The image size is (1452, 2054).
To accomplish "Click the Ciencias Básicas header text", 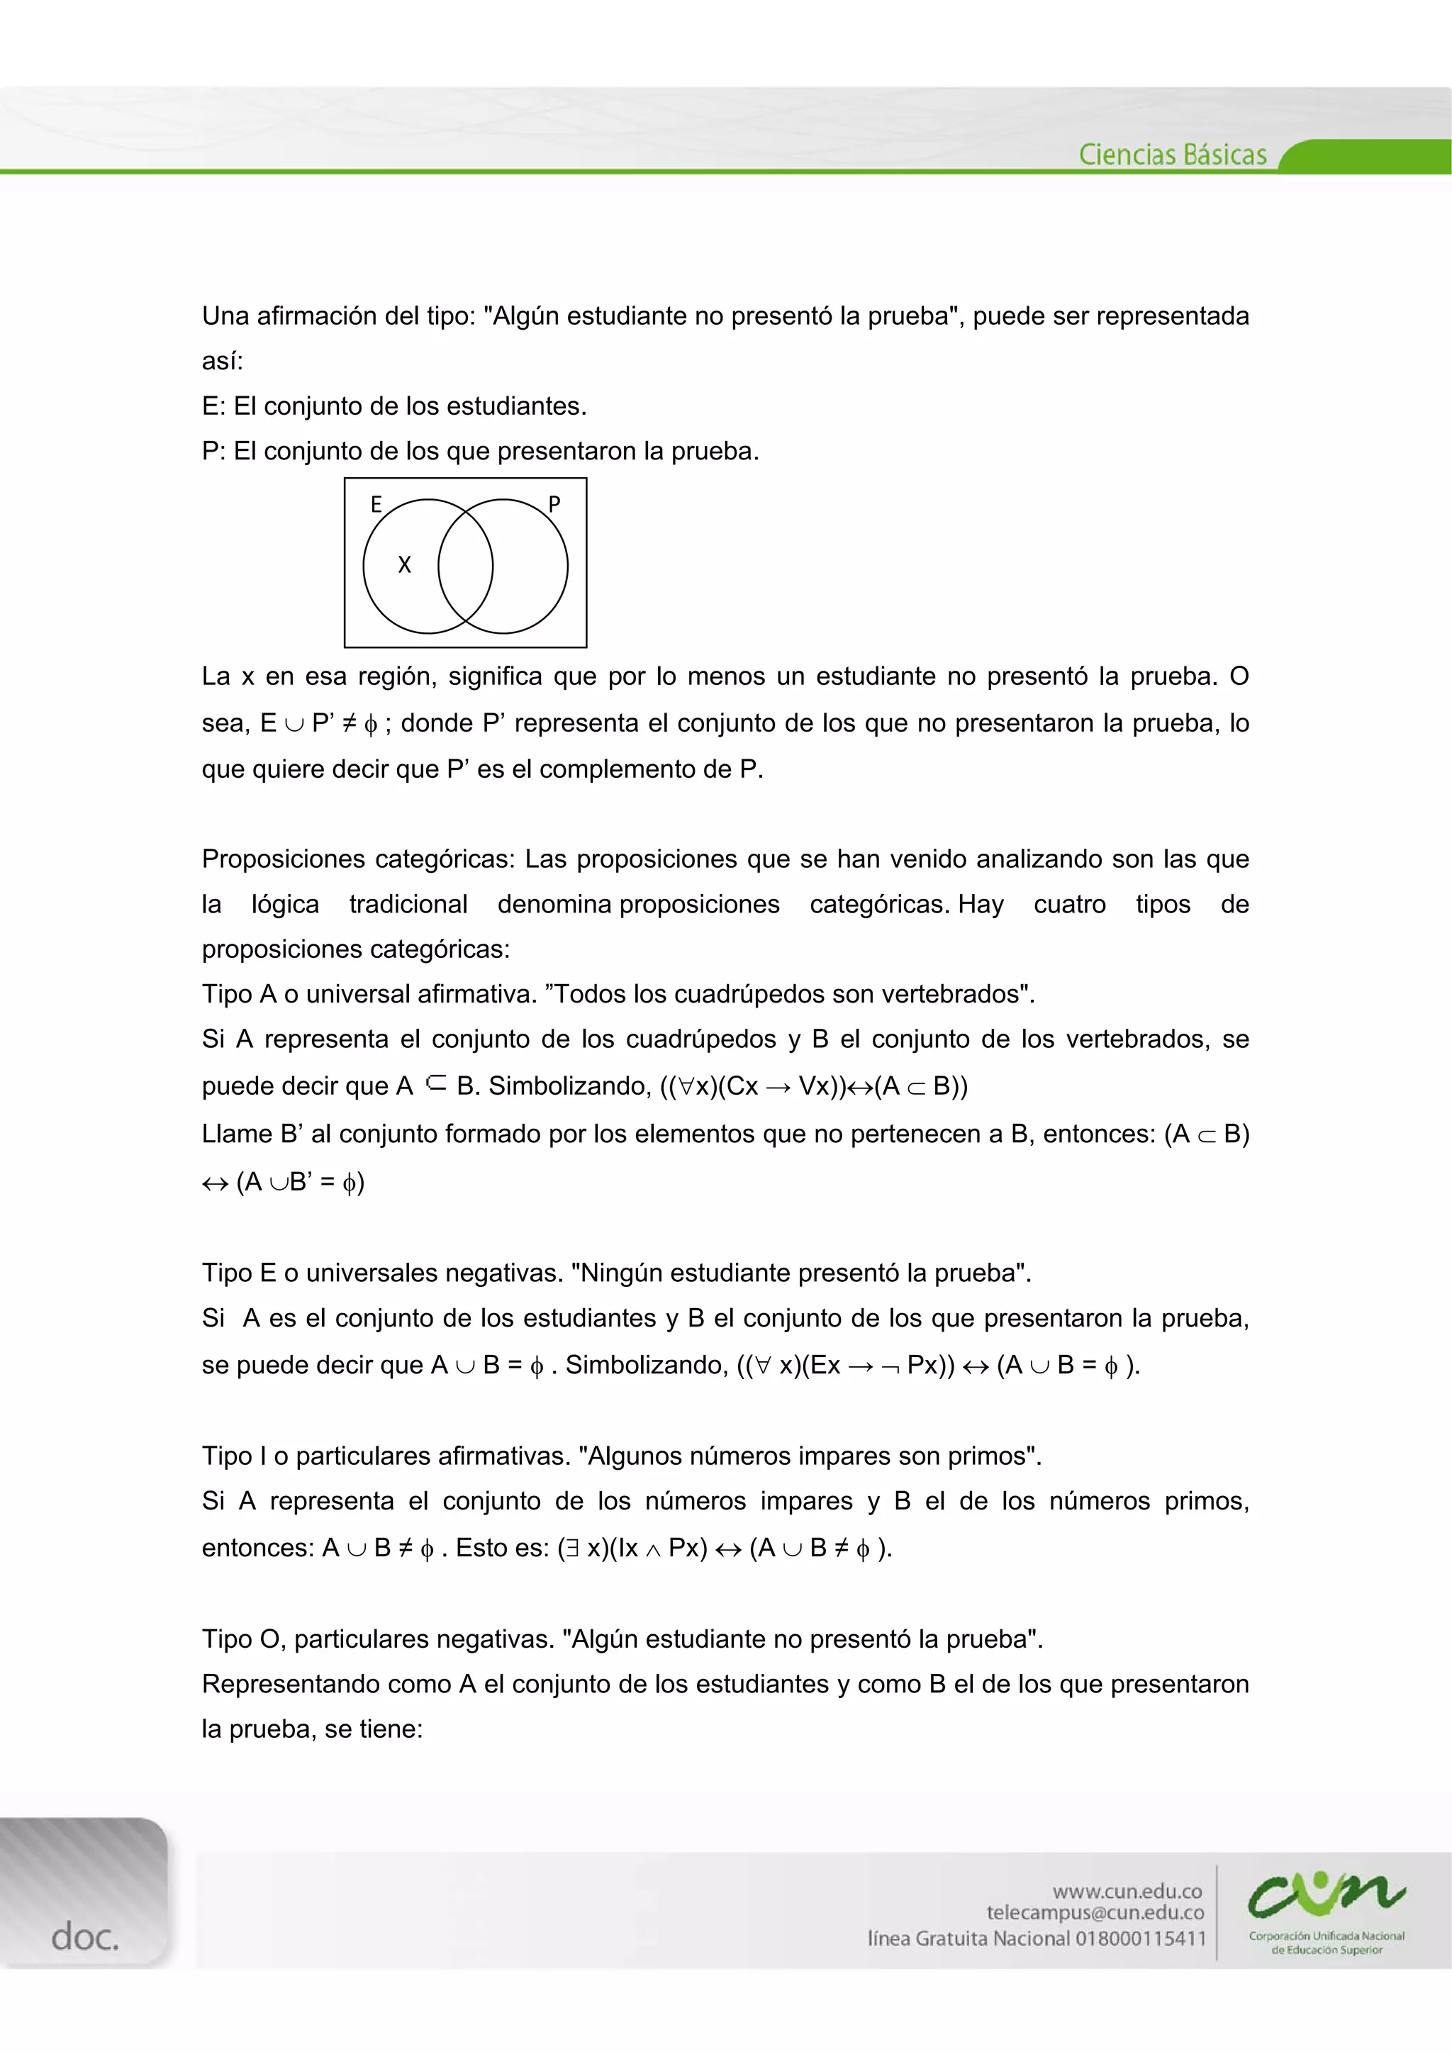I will [1172, 155].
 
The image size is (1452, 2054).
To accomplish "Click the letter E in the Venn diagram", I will [376, 505].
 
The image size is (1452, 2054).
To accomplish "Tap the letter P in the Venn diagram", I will [554, 505].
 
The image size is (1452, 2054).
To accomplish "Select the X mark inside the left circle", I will [404, 564].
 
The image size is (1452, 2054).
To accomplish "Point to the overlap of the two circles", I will [465, 566].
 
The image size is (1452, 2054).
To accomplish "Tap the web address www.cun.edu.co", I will [1127, 1890].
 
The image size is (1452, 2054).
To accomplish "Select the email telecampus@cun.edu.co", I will [1095, 1913].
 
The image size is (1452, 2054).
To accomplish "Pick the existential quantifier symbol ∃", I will [571, 1548].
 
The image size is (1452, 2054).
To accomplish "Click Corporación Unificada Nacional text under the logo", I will [1326, 1936].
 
